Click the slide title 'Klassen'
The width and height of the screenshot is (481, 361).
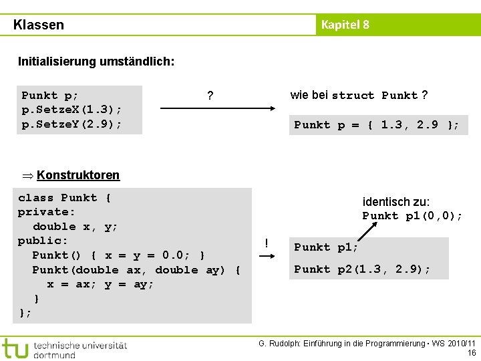(x=39, y=25)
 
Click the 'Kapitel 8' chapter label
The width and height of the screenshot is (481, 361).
(x=345, y=25)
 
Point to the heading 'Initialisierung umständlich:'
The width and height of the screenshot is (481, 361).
(x=96, y=62)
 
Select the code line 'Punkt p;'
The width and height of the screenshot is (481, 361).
(x=50, y=96)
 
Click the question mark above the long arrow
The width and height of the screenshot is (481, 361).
(x=210, y=96)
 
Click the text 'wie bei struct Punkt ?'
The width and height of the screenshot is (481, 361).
(x=359, y=95)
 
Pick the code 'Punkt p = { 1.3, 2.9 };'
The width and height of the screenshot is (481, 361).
(x=377, y=125)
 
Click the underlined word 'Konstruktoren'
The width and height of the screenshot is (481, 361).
(x=78, y=175)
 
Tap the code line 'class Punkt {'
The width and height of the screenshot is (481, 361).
(x=65, y=198)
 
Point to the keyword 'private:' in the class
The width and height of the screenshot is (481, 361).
(x=47, y=212)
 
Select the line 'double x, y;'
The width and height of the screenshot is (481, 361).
(x=75, y=227)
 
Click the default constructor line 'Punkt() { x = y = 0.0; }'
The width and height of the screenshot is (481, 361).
(x=119, y=255)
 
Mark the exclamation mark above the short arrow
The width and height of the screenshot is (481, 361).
(x=267, y=243)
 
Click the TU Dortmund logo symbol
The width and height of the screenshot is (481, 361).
(x=15, y=348)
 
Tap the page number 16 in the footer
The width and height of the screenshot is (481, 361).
(x=472, y=352)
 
